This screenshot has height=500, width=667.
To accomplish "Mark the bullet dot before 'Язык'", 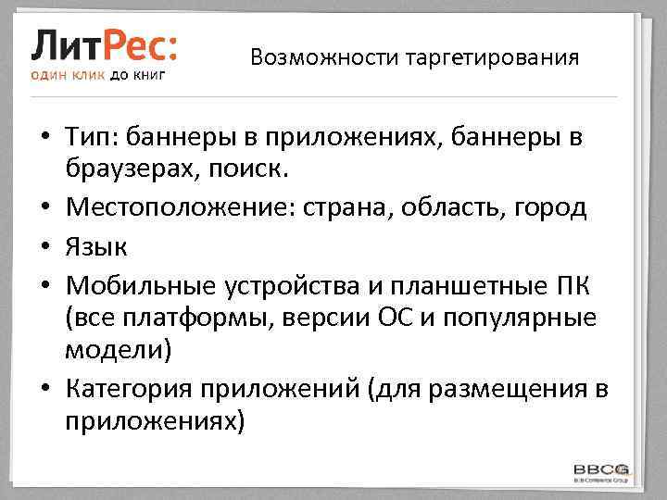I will (44, 245).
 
